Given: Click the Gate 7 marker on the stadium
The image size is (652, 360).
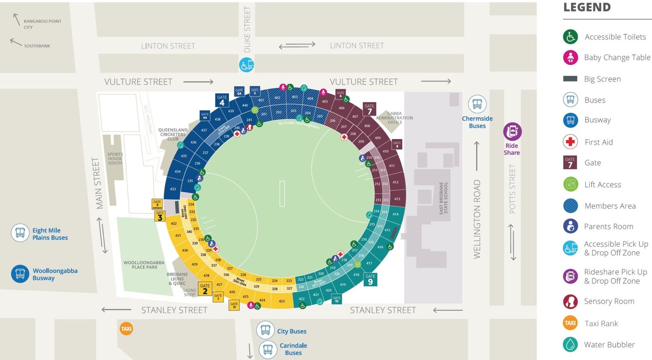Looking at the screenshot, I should pyautogui.click(x=369, y=109).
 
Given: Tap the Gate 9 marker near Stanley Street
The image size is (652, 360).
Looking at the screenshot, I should pyautogui.click(x=370, y=279).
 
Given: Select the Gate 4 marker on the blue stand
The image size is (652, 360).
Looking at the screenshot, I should pyautogui.click(x=222, y=100).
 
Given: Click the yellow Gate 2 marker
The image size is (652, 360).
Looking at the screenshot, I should pyautogui.click(x=205, y=289).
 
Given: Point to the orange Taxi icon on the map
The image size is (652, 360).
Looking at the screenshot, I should pyautogui.click(x=126, y=329).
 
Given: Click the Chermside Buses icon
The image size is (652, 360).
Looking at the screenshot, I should pyautogui.click(x=477, y=104).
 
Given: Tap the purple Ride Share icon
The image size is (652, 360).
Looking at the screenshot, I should pyautogui.click(x=512, y=132).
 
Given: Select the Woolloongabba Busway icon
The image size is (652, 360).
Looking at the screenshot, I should pyautogui.click(x=20, y=274).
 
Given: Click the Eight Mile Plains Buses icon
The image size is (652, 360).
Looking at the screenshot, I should pyautogui.click(x=20, y=233).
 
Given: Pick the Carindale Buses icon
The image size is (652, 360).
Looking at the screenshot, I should pyautogui.click(x=268, y=349).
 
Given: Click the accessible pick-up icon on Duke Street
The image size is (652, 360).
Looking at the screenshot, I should pyautogui.click(x=247, y=65).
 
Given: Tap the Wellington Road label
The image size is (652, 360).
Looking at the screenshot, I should pyautogui.click(x=477, y=219).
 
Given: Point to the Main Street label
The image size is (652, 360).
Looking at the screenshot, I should pyautogui.click(x=97, y=183).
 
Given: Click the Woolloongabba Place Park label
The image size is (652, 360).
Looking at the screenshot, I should pyautogui.click(x=144, y=265).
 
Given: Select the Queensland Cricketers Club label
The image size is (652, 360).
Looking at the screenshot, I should pyautogui.click(x=173, y=134).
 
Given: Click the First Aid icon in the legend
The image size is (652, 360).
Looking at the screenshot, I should pyautogui.click(x=570, y=142).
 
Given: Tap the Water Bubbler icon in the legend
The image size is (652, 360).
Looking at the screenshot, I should pyautogui.click(x=570, y=345).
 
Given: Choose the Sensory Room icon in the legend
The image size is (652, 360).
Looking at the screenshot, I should pyautogui.click(x=570, y=301).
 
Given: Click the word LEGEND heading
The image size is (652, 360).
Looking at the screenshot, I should pyautogui.click(x=587, y=7).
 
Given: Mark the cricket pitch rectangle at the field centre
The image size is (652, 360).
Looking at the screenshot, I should pyautogui.click(x=282, y=193).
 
